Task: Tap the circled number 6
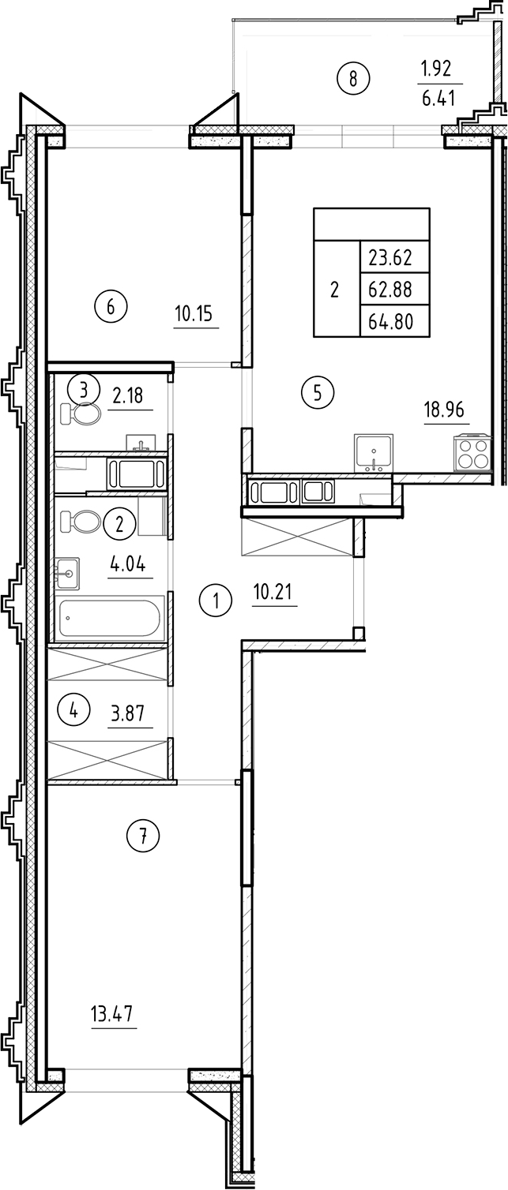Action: [111, 306]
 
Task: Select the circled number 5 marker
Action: [318, 392]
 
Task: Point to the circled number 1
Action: [215, 602]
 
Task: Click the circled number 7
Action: [143, 836]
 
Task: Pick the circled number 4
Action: [74, 710]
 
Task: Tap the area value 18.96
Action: [446, 410]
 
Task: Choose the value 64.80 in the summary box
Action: [391, 320]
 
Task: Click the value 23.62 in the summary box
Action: [391, 256]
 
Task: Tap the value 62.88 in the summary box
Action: [391, 288]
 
